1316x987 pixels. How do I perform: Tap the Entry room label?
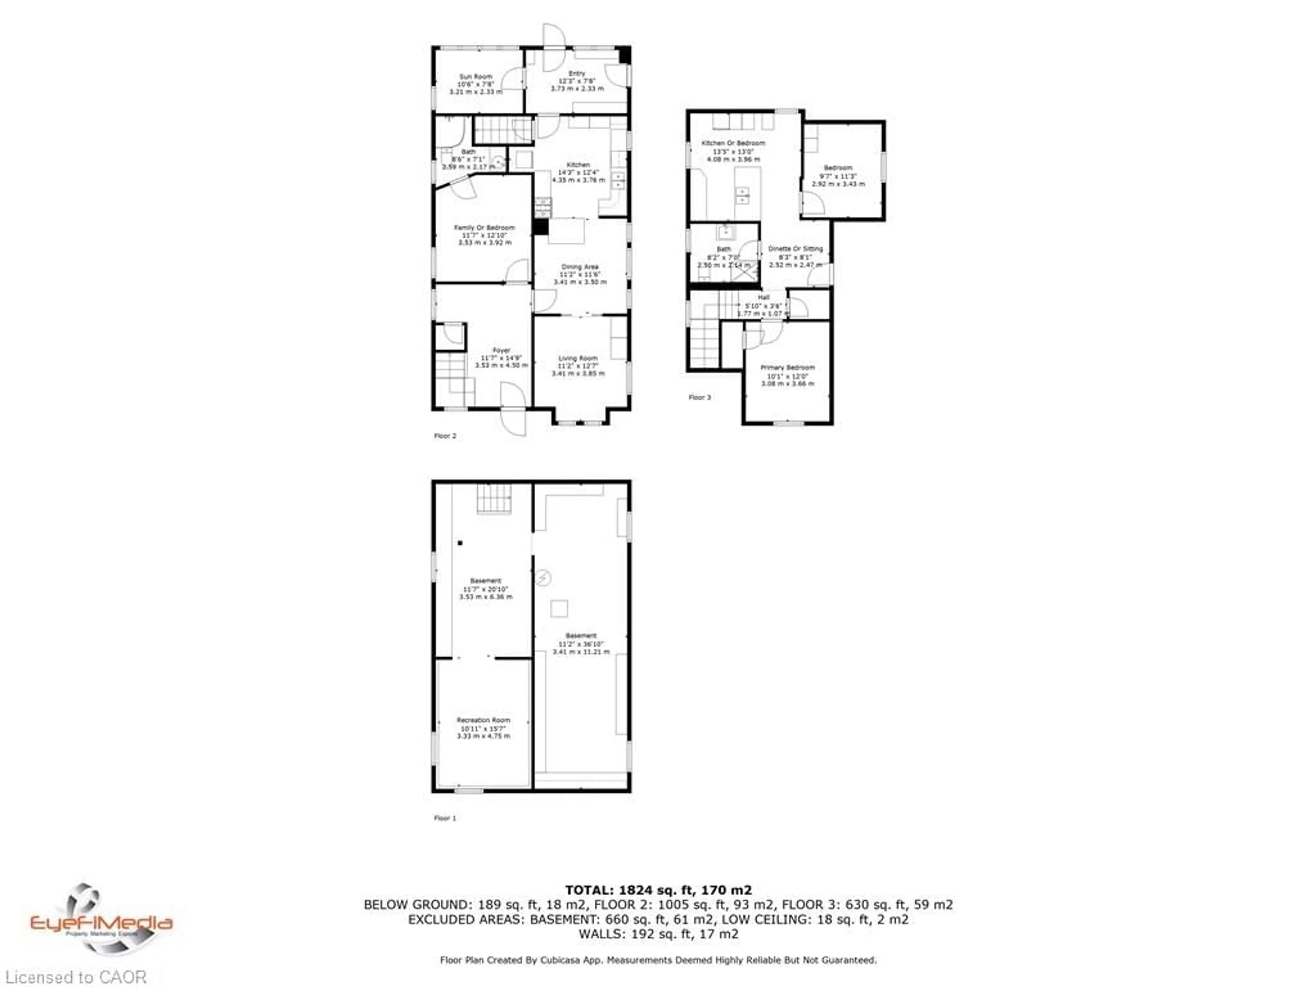tap(576, 73)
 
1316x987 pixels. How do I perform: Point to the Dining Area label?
tap(580, 267)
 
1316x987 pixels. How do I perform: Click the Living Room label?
tap(578, 358)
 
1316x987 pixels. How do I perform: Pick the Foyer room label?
tap(501, 350)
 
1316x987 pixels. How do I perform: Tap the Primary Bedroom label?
tap(787, 368)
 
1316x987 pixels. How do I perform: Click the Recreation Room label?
tap(483, 720)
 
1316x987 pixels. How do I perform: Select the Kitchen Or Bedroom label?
tap(733, 143)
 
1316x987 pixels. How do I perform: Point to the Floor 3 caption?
tap(700, 398)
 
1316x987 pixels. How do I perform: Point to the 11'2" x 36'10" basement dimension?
tap(581, 644)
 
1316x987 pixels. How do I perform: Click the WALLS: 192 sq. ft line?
tap(658, 934)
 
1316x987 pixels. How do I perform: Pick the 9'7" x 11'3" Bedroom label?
tap(838, 168)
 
